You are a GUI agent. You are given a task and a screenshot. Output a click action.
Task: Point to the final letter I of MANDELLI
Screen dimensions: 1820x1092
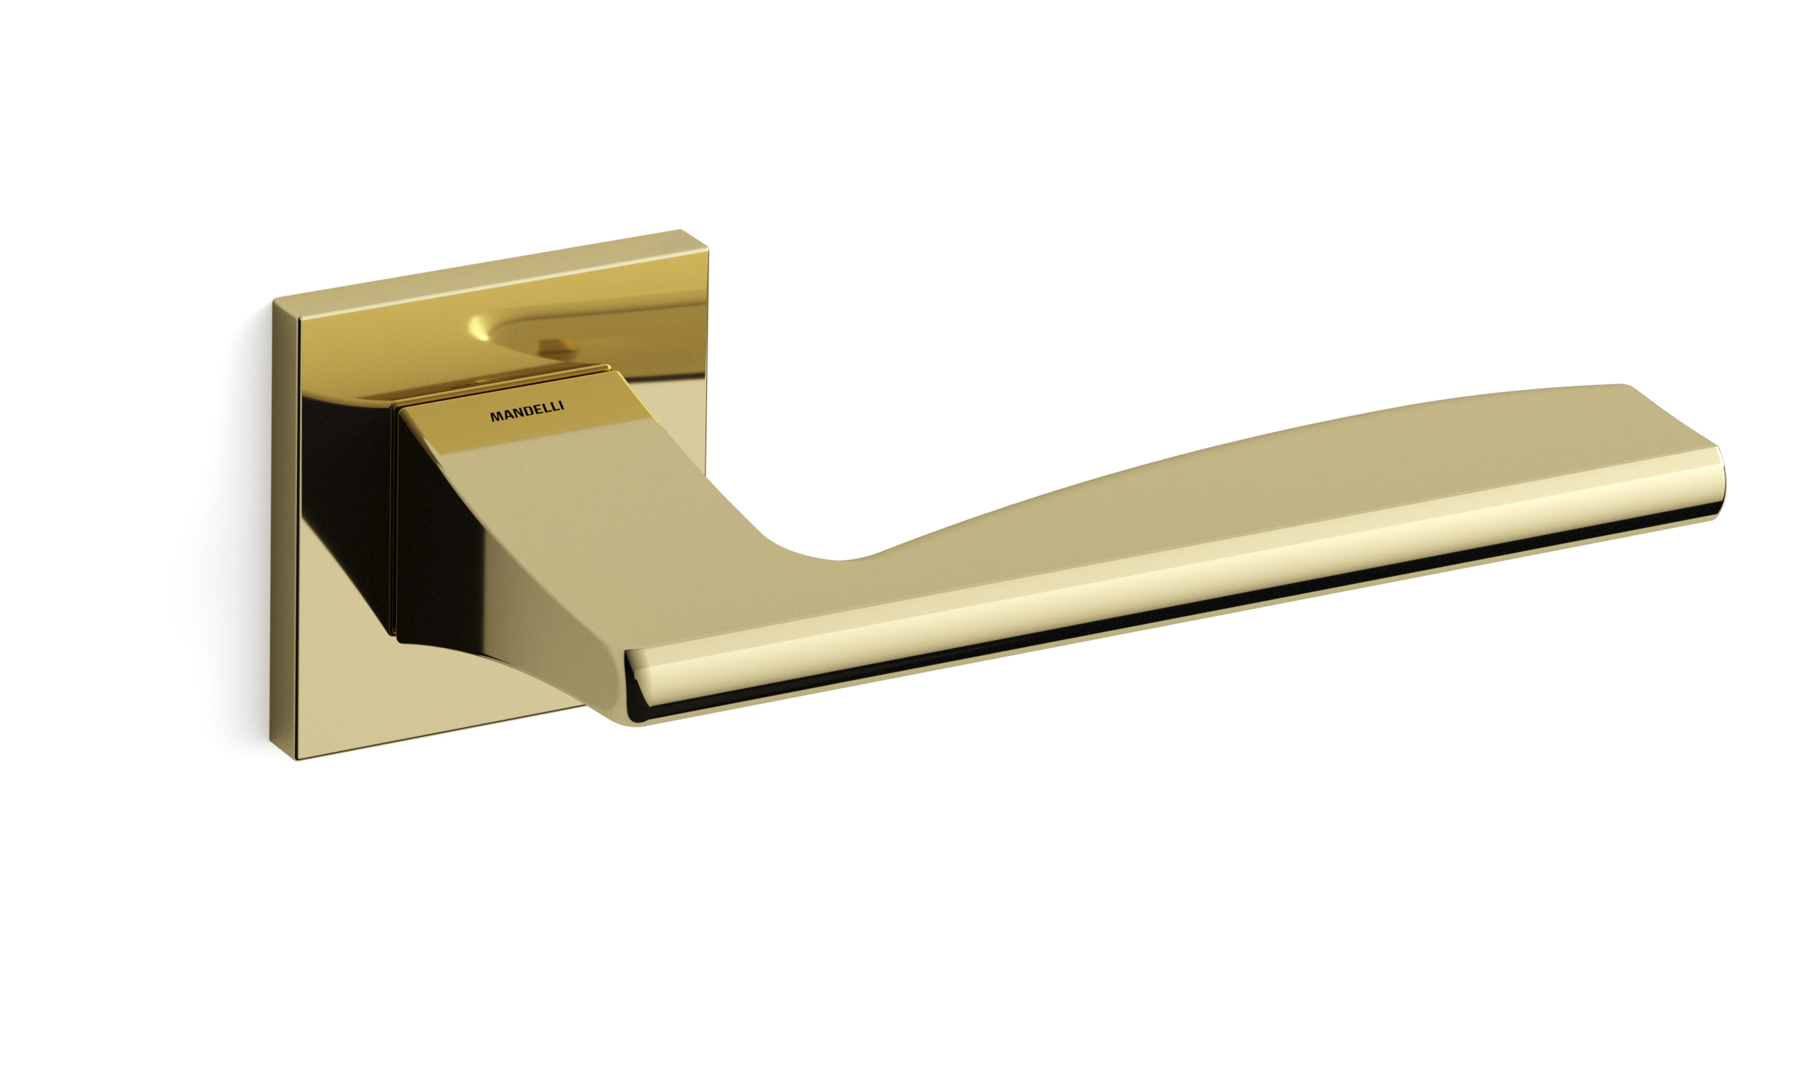(x=562, y=406)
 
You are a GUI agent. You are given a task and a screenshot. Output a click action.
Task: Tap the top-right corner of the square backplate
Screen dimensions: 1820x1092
(x=707, y=232)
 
